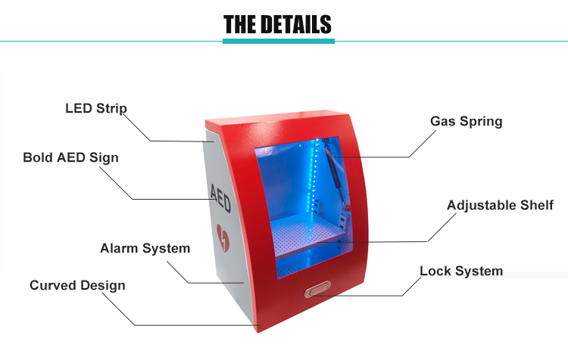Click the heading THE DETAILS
277,24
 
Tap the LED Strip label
96,108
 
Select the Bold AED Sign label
70,157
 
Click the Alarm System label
145,248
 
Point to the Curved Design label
77,285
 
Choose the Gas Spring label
467,121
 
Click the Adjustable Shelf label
500,205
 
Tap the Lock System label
461,271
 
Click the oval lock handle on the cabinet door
317,289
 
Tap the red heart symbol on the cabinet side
223,237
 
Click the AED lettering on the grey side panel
220,198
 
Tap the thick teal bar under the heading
279,42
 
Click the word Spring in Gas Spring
481,121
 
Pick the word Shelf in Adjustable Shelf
537,205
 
